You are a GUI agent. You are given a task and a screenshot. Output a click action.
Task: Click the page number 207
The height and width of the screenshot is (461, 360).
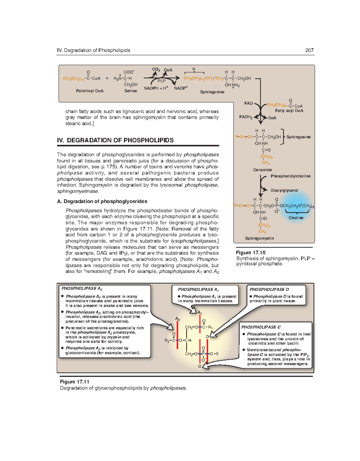(309, 50)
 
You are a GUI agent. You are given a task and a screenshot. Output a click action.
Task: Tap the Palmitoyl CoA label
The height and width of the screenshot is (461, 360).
(90, 91)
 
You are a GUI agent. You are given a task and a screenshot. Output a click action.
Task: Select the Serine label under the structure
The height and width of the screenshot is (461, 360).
(130, 91)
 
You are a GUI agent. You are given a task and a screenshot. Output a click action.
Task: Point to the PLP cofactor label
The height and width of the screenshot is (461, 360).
(161, 81)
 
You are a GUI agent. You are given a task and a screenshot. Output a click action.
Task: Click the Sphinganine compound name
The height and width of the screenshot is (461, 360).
(212, 92)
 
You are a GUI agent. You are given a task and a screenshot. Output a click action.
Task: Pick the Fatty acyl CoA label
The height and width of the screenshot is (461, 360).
(289, 111)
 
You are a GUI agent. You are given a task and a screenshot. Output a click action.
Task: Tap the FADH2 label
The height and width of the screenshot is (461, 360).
(246, 117)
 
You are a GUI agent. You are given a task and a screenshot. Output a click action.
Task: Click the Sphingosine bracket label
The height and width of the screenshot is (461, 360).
(298, 137)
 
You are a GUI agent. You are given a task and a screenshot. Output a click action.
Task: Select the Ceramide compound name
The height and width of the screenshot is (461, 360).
(262, 170)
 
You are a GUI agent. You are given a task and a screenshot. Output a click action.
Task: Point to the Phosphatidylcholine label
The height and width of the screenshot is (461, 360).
(290, 176)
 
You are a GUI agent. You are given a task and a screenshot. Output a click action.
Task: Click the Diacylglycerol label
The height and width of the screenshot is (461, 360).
(284, 190)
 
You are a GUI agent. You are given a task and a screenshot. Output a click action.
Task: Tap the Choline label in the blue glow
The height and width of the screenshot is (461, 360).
(296, 218)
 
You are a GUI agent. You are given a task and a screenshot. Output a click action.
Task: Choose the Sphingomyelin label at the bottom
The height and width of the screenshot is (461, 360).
(259, 238)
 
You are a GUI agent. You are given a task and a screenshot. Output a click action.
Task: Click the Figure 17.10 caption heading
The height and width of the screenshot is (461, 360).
(250, 253)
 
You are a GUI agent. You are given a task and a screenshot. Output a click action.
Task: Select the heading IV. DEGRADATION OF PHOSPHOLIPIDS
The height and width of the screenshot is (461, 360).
(115, 140)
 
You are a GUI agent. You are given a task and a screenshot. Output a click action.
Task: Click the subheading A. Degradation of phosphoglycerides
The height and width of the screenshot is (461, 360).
(102, 202)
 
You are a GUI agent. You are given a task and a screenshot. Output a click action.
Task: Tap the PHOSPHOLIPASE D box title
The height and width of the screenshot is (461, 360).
(269, 290)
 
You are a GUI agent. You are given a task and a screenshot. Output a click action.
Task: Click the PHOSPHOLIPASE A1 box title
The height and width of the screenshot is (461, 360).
(198, 290)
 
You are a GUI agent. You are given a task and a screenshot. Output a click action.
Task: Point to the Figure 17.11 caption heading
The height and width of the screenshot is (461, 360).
(74, 382)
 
